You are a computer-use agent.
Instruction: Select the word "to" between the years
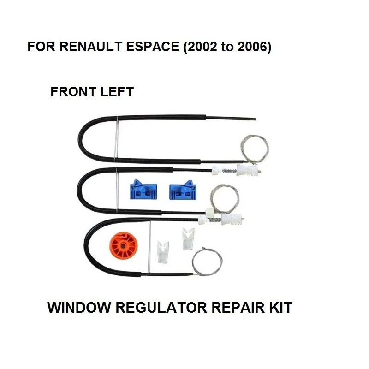point(225,48)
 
